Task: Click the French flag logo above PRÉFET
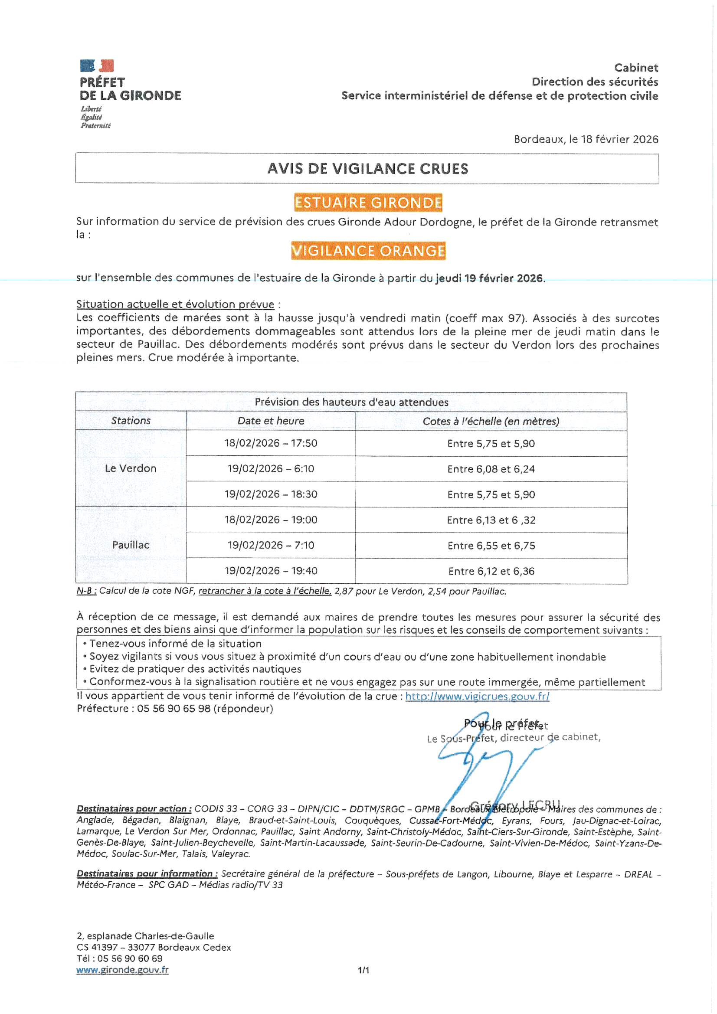tap(97, 66)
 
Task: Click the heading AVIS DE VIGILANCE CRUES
tap(367, 169)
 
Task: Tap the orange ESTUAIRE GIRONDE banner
tap(368, 203)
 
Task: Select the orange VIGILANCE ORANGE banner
tap(368, 251)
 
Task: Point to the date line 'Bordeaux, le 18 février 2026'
tap(586, 140)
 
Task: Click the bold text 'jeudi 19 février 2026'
tap(489, 278)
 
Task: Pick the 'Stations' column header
tap(131, 421)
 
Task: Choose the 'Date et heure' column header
tap(271, 421)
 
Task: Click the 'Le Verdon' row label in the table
tap(131, 468)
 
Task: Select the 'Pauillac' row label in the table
tap(131, 545)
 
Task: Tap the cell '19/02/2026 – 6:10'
tap(271, 469)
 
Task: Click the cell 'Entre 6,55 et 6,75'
tap(491, 546)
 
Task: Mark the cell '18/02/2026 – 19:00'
tap(271, 520)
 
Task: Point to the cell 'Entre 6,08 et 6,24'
tap(491, 469)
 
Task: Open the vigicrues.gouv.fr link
tap(477, 697)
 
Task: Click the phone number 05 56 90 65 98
tap(174, 709)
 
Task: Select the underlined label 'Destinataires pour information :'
tap(147, 873)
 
